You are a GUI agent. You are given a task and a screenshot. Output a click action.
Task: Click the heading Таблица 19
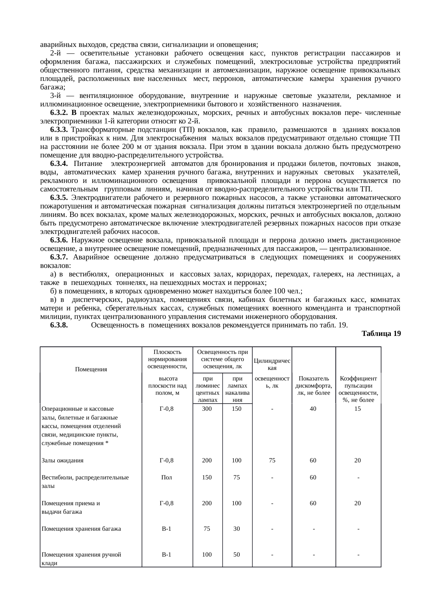click(x=381, y=334)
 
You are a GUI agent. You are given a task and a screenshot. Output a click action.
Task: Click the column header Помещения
click(x=91, y=369)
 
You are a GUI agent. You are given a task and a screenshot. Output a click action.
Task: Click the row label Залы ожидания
click(x=62, y=461)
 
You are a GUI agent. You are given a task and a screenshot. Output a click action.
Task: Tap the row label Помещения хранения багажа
click(x=81, y=529)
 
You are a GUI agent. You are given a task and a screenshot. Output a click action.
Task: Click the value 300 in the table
click(x=207, y=409)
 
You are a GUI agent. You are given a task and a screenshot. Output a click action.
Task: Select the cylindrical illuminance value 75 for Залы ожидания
click(x=272, y=461)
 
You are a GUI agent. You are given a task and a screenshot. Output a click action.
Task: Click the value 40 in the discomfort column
click(x=313, y=409)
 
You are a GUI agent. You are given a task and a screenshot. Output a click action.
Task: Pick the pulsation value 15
click(x=358, y=409)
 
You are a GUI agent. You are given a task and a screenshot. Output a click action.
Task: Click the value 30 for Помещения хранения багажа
click(x=237, y=529)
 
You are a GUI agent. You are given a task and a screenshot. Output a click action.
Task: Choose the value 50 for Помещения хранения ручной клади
click(x=237, y=555)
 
